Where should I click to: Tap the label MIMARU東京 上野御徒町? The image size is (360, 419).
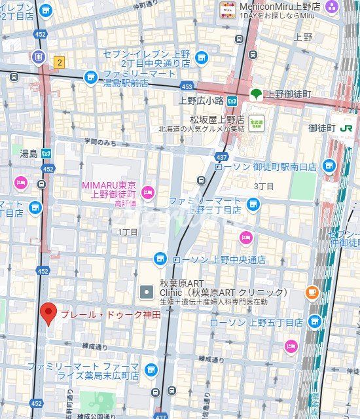(x=108, y=190)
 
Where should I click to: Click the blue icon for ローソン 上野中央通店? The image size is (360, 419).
(x=160, y=259)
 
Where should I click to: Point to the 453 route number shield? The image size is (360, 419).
(x=187, y=86)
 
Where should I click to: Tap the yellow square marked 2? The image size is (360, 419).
(x=60, y=62)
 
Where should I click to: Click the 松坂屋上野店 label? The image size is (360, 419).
(x=217, y=119)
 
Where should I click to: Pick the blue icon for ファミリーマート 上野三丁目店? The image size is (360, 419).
(x=253, y=205)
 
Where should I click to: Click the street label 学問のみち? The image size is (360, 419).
(x=99, y=141)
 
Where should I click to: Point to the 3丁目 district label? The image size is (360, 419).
(x=264, y=186)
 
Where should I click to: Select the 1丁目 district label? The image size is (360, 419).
(x=128, y=232)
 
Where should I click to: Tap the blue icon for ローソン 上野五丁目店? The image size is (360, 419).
(x=315, y=322)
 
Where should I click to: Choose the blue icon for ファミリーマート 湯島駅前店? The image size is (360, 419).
(x=91, y=79)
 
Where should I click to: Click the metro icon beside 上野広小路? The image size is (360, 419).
(x=233, y=100)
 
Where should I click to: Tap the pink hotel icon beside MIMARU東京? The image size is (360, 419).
(x=148, y=192)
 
